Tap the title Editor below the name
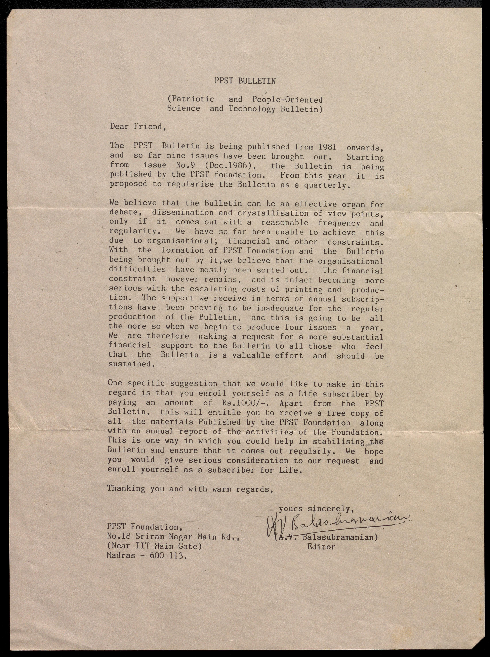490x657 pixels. (321, 547)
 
